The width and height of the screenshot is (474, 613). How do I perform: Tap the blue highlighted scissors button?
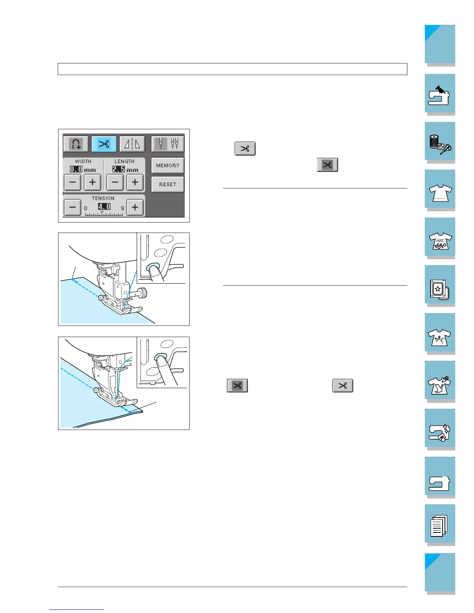tap(104, 144)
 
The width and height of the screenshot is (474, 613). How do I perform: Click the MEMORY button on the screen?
tap(168, 166)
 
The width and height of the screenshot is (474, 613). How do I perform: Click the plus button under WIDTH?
tap(93, 182)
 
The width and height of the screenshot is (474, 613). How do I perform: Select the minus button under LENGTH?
tap(115, 182)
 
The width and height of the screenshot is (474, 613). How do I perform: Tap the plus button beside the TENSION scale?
tap(135, 207)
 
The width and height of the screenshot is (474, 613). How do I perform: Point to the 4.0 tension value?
tap(104, 207)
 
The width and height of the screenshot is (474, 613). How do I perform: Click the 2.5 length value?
tap(118, 169)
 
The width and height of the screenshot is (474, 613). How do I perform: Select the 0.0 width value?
tap(76, 169)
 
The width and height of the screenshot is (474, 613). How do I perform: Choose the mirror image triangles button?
tap(132, 144)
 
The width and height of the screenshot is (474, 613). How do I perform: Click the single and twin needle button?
tap(168, 144)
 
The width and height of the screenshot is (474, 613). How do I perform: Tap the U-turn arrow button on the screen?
tap(76, 144)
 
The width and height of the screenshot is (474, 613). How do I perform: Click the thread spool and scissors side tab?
tap(440, 142)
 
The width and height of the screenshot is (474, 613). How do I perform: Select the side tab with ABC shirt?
tap(440, 237)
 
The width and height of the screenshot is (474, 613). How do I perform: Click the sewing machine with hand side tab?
tap(440, 94)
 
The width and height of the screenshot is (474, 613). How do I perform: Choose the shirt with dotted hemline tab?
tap(440, 190)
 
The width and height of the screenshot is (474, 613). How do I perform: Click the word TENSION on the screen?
tap(103, 198)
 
